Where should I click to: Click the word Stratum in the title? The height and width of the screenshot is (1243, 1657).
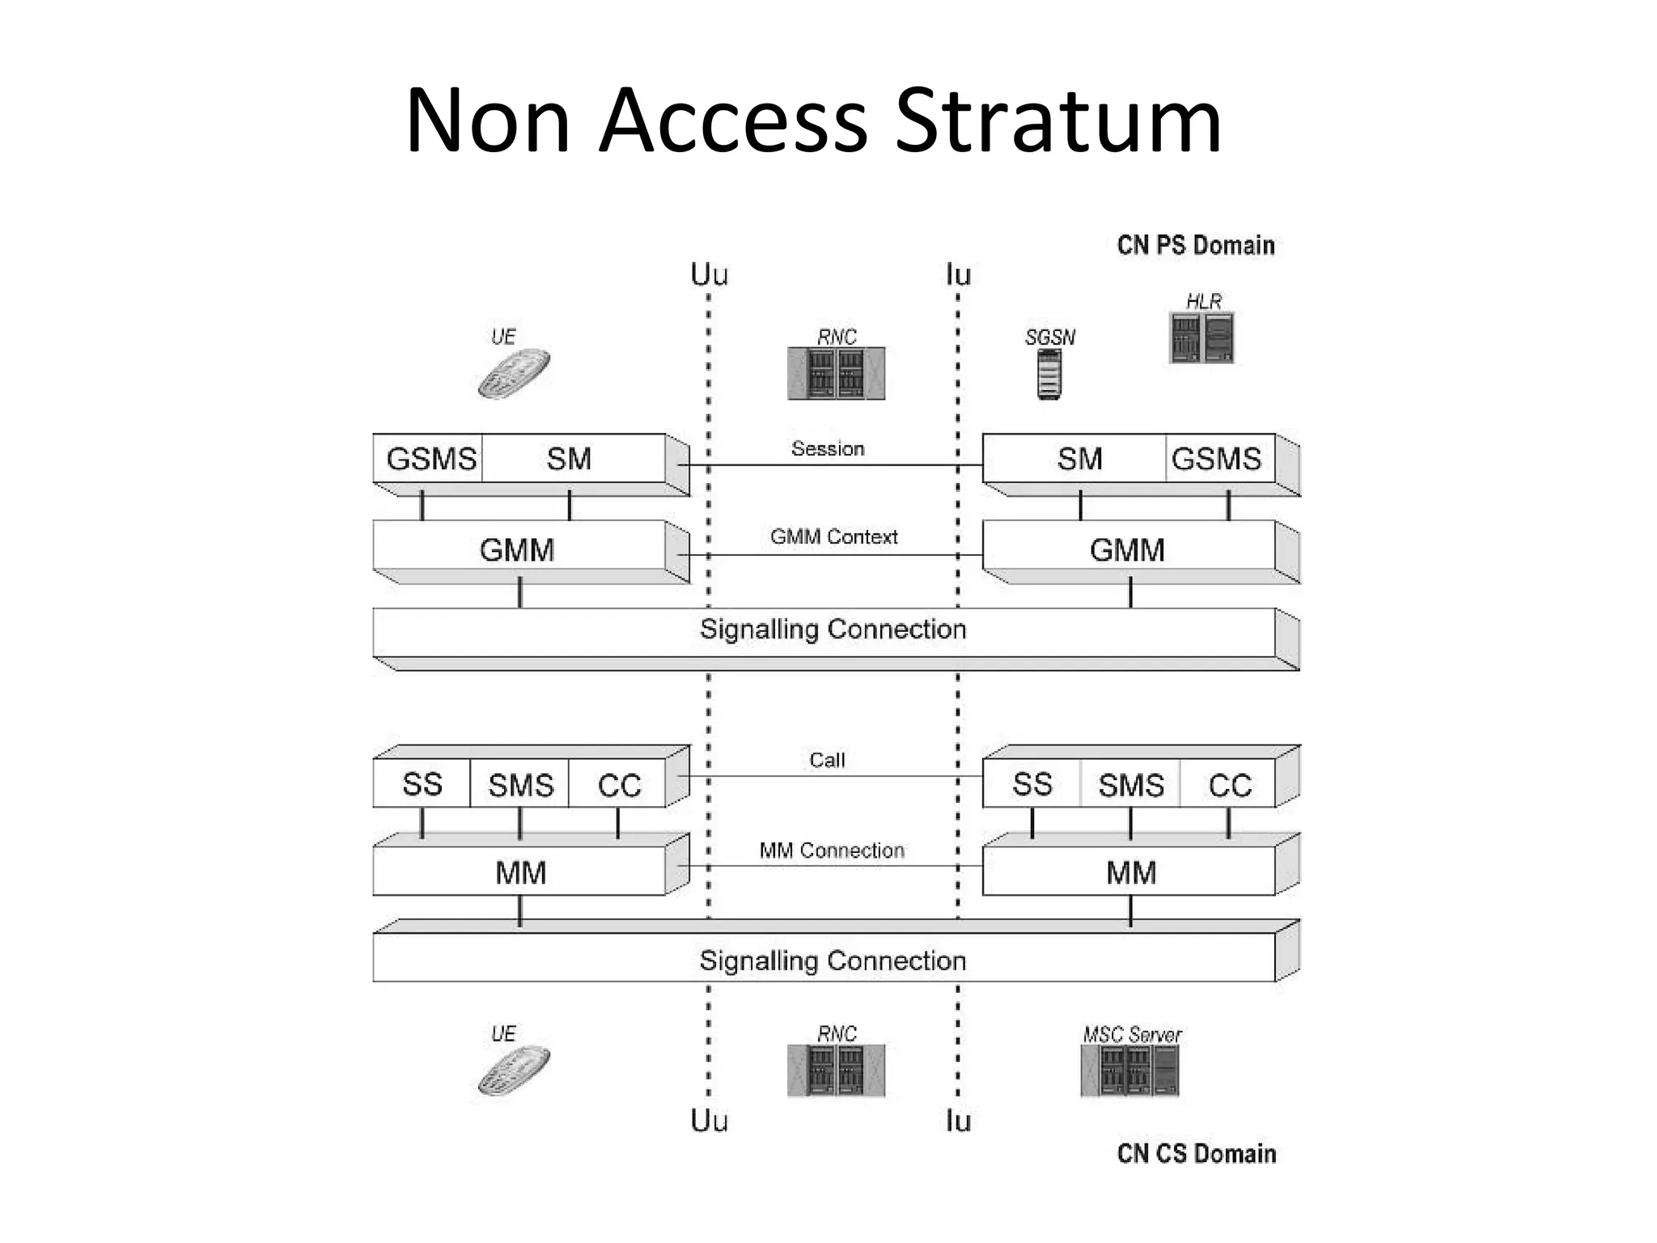(x=1058, y=121)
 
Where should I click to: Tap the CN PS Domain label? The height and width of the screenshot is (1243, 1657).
(x=1195, y=245)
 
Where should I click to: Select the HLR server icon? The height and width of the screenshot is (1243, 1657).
(x=1202, y=338)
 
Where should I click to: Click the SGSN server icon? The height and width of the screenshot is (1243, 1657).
(x=1049, y=375)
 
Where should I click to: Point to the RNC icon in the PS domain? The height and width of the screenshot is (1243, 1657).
(x=836, y=373)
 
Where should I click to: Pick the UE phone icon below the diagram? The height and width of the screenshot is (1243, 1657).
(x=514, y=1070)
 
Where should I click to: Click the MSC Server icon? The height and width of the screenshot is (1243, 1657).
(x=1129, y=1070)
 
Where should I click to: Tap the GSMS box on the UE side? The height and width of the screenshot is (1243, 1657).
(x=430, y=459)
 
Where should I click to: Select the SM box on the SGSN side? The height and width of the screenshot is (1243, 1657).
(x=1079, y=459)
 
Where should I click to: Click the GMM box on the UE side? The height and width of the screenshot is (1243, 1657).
(x=518, y=550)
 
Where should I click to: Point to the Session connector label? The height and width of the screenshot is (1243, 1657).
(x=828, y=449)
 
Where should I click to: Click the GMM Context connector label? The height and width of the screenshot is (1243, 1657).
(x=833, y=537)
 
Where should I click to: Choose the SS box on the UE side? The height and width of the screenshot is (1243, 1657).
(x=422, y=784)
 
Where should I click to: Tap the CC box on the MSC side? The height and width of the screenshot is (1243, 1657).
(x=1230, y=785)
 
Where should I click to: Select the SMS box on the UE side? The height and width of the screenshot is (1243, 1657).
(x=520, y=785)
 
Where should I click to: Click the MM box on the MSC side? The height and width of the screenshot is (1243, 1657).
(x=1130, y=872)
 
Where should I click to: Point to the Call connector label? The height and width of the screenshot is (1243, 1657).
(x=827, y=760)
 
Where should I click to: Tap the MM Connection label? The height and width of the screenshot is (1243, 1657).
(x=831, y=851)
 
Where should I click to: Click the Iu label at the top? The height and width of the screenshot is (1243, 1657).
(x=958, y=275)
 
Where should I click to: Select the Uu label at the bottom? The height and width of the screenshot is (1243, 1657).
(x=709, y=1121)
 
